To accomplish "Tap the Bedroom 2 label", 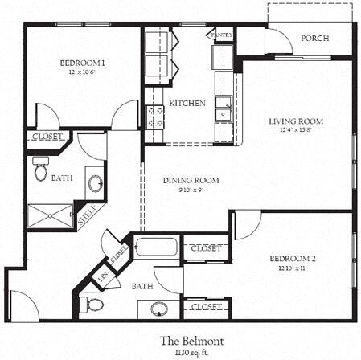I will pyautogui.click(x=292, y=258).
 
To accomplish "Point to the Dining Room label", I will pyautogui.click(x=191, y=181).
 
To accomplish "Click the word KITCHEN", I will pyautogui.click(x=187, y=104).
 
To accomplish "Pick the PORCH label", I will pyautogui.click(x=314, y=39).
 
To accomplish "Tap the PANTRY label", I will pyautogui.click(x=221, y=36).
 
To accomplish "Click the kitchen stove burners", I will pyautogui.click(x=154, y=117).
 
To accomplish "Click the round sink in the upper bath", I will pyautogui.click(x=94, y=183).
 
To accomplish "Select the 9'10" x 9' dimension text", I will pyautogui.click(x=191, y=190).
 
